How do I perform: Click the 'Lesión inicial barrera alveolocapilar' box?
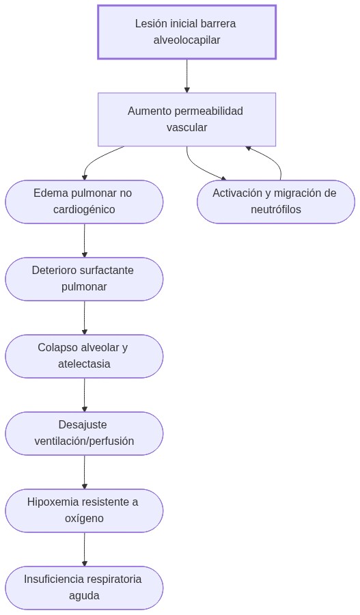[x=186, y=32]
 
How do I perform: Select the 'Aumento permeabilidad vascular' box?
[x=186, y=120]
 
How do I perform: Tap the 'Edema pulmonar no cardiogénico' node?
[x=84, y=202]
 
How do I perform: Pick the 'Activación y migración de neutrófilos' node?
[x=275, y=202]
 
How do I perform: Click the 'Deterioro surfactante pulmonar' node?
[x=84, y=279]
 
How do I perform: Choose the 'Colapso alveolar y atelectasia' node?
[x=84, y=356]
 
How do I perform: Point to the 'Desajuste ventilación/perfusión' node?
[x=84, y=433]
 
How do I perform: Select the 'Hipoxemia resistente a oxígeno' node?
[x=84, y=510]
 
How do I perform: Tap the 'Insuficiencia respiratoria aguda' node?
[x=84, y=588]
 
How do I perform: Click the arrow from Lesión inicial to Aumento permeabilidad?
[x=186, y=76]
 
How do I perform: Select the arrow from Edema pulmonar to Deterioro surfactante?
[x=84, y=241]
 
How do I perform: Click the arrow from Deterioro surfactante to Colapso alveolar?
[x=84, y=318]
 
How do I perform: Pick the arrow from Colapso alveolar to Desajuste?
[x=84, y=395]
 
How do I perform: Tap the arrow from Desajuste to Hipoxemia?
[x=84, y=472]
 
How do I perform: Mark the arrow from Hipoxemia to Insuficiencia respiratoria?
[x=84, y=549]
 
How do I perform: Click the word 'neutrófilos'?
[x=275, y=210]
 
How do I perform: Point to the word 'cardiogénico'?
[x=84, y=210]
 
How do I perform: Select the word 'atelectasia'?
[x=84, y=364]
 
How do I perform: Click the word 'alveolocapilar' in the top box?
[x=186, y=40]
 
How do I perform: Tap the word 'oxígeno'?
[x=84, y=519]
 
